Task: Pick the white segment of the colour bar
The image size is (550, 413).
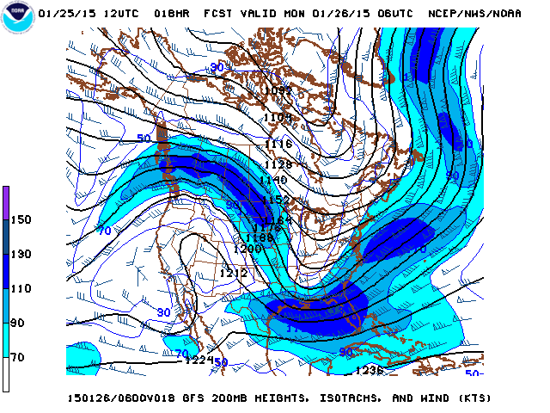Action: tap(6, 374)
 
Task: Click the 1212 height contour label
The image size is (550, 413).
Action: tap(233, 273)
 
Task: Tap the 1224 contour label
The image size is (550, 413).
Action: tap(199, 361)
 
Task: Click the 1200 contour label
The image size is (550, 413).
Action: tap(247, 249)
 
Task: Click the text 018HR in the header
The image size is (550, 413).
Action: tap(172, 15)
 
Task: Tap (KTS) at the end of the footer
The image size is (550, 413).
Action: tap(473, 398)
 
